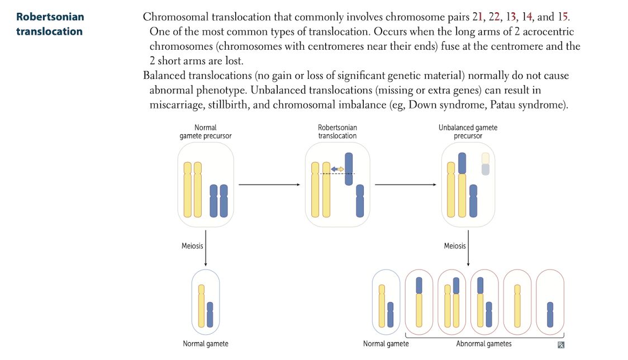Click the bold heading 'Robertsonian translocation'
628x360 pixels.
tap(50, 24)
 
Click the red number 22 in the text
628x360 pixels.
tap(494, 17)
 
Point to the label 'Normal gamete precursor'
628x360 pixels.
tap(205, 131)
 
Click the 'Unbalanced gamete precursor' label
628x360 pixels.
tap(468, 131)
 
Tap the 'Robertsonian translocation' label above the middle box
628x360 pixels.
tap(337, 131)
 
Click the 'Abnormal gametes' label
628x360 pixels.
tap(483, 344)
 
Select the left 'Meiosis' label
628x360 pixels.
tap(192, 246)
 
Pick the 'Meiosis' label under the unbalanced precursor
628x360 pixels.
tap(455, 246)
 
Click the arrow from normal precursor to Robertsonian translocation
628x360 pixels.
tap(269, 184)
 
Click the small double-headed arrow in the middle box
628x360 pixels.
tap(337, 169)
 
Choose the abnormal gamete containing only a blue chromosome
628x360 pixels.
tap(550, 302)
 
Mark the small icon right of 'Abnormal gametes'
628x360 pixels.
tap(561, 345)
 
